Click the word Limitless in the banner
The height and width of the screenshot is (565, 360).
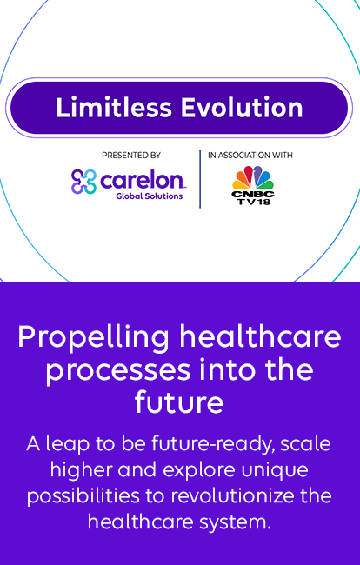[114, 108]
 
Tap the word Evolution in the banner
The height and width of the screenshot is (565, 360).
[242, 108]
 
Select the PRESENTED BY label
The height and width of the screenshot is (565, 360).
[131, 156]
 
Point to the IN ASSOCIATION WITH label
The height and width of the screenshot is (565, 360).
[250, 156]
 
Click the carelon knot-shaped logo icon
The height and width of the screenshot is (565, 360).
[84, 182]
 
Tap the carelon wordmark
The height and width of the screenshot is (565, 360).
[142, 180]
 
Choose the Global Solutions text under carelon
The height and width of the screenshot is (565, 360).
[150, 196]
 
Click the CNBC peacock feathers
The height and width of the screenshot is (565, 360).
[253, 177]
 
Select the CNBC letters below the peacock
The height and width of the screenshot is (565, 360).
[253, 194]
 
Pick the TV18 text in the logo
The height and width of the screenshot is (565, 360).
[253, 202]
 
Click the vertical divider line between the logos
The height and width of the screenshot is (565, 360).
[200, 179]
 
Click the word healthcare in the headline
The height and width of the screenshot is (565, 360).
[260, 336]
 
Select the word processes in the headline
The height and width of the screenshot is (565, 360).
[118, 371]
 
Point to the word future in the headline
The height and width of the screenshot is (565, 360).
[179, 402]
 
